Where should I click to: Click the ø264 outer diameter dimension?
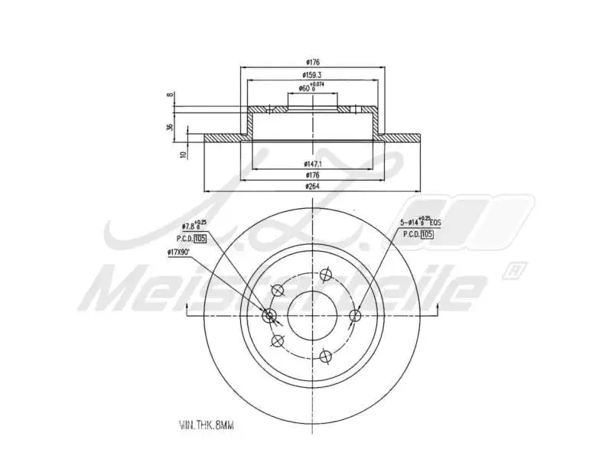point(311,186)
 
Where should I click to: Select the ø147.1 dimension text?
point(311,164)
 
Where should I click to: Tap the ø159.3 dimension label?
point(311,75)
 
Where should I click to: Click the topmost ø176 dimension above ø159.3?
point(311,62)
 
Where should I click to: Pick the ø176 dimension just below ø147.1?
point(311,175)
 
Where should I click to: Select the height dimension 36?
point(170,127)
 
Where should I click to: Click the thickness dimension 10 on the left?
point(184,154)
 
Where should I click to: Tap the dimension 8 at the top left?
point(170,96)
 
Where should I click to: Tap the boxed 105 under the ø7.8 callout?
point(200,239)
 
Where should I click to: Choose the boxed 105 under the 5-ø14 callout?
point(427,234)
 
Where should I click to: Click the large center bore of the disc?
point(312,315)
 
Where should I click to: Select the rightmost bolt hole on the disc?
point(354,315)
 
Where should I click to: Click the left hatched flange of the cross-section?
point(223,138)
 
